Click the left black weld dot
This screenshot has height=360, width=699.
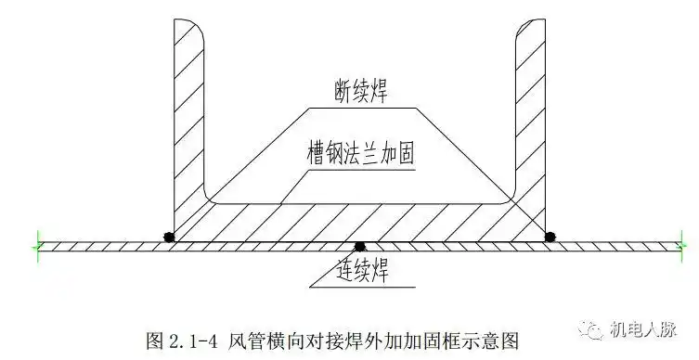[x=168, y=237]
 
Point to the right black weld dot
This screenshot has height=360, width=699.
[x=550, y=237]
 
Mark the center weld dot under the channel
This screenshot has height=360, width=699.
[x=359, y=246]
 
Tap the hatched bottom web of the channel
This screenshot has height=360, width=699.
[x=358, y=223]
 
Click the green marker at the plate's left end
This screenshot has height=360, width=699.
[x=36, y=246]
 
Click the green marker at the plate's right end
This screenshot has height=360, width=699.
[x=683, y=246]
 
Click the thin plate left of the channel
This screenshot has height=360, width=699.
[x=102, y=246]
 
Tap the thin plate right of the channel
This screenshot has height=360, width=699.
[x=617, y=246]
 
